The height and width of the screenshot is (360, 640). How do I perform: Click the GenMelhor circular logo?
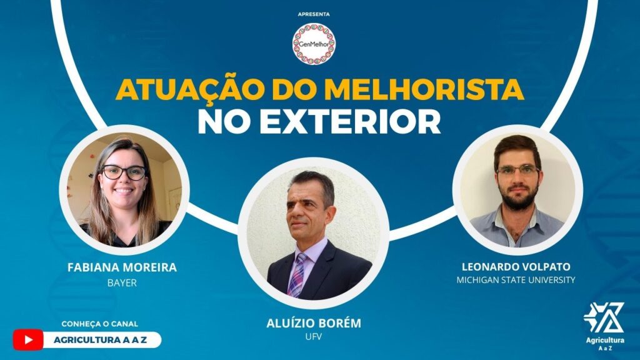point(314,44)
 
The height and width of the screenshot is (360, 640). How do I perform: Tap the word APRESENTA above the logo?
point(314,14)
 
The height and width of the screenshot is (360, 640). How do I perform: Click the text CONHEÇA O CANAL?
point(100,324)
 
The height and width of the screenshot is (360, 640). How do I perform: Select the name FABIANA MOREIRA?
point(122,267)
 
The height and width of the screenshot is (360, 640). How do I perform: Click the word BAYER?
point(122,283)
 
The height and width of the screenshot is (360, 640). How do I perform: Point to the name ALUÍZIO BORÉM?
point(314,324)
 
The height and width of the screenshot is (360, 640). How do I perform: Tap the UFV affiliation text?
point(314,338)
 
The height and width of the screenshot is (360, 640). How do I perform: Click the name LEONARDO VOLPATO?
point(516,267)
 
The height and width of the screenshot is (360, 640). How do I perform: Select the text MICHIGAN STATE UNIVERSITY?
point(516,280)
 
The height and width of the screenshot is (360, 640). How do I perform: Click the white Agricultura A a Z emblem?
point(603,319)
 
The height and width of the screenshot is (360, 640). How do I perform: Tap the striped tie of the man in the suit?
point(296,274)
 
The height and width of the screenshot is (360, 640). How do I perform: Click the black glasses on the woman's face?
point(123,172)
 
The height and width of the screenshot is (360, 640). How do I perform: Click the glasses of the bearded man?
point(517,170)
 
